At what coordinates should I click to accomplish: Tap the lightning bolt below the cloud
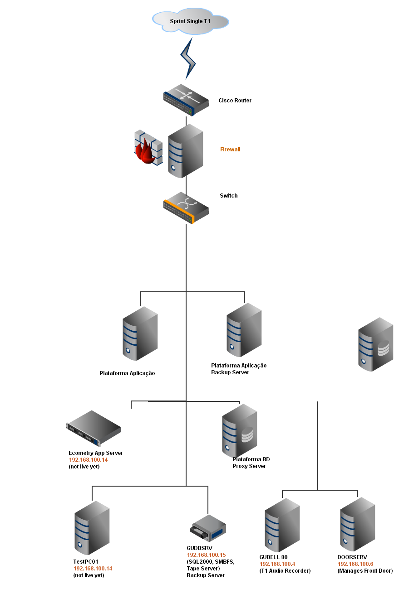(x=188, y=58)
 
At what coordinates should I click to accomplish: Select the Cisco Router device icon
(x=186, y=100)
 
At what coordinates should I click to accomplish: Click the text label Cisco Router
(x=235, y=101)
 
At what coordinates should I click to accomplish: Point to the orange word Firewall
(x=230, y=150)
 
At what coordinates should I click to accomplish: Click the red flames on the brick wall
(x=146, y=152)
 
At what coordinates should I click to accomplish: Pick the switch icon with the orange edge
(x=186, y=208)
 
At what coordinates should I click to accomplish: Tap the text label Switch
(x=229, y=196)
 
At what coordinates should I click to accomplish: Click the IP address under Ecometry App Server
(x=88, y=459)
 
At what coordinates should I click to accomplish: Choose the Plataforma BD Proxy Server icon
(x=239, y=430)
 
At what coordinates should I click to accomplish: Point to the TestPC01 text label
(x=86, y=562)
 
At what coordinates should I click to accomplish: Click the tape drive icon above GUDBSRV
(x=207, y=528)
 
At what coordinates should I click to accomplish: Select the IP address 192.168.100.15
(x=207, y=555)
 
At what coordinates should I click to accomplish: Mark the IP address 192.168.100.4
(x=277, y=564)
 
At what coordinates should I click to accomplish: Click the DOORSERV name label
(x=352, y=557)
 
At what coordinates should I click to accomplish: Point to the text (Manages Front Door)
(x=365, y=571)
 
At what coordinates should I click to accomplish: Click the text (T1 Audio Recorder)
(x=285, y=571)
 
